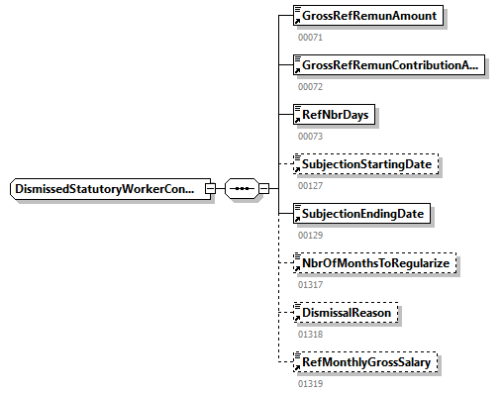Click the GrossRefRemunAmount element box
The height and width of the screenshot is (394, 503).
coord(368,16)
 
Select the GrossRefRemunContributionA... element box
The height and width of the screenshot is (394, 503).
coord(389,65)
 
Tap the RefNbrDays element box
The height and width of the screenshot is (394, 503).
coord(334,115)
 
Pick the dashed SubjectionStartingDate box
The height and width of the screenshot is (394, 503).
coord(366,164)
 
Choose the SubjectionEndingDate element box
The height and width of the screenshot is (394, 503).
coord(361,214)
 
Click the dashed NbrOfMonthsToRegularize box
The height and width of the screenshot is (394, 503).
coord(375,263)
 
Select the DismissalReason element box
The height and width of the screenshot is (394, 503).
coord(346,313)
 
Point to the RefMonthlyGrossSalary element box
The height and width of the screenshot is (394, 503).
coord(365,362)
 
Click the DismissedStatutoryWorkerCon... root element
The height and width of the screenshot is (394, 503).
coord(110,189)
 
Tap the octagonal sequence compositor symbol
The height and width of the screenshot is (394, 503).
coord(242,189)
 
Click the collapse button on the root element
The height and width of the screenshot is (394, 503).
coord(210,189)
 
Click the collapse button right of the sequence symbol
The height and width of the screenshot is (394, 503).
coord(263,189)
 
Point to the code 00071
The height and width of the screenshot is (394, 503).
coord(310,38)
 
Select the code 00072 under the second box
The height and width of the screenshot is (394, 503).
coord(310,87)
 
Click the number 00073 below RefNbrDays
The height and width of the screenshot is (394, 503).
coord(310,137)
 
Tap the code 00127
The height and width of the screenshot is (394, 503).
coord(310,186)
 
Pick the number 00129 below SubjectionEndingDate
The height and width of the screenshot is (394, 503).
coord(310,236)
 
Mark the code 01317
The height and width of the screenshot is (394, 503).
coord(310,285)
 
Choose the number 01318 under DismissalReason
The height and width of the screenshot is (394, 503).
coord(310,335)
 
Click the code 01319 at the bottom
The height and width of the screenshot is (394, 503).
coord(310,384)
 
